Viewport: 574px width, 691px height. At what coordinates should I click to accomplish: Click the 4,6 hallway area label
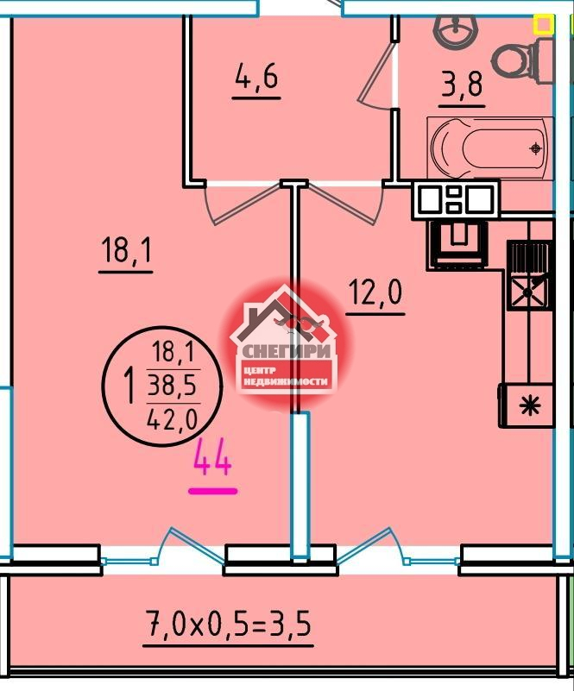256,78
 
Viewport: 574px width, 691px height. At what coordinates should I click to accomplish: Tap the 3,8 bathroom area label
462,85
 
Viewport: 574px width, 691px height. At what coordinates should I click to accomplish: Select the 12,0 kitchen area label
375,292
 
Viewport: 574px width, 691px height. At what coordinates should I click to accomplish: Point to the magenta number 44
212,458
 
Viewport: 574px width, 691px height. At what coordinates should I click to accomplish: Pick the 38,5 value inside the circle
173,386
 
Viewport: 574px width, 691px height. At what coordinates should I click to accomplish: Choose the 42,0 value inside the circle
173,420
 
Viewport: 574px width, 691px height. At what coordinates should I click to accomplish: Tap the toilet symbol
522,60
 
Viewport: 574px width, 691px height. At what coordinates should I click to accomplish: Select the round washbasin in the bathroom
456,30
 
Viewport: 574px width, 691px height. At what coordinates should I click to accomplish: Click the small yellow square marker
543,25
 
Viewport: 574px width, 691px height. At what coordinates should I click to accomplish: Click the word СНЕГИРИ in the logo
287,351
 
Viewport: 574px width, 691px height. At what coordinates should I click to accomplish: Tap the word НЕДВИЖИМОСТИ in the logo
287,381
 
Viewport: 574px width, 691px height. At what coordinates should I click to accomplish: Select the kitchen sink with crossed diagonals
527,292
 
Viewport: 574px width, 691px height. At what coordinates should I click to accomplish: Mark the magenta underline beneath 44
213,491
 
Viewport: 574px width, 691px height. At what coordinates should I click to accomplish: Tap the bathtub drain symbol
536,149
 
